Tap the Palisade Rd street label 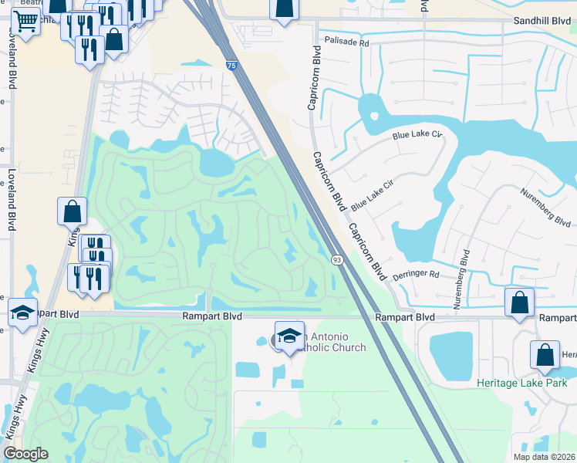click(347, 42)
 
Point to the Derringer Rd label click(415, 274)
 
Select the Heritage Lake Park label click(521, 384)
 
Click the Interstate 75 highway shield click(231, 67)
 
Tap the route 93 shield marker click(337, 260)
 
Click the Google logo click(25, 454)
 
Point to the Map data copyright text click(545, 457)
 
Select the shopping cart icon click(26, 22)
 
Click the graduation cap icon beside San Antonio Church click(289, 336)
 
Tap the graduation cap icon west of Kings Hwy click(23, 312)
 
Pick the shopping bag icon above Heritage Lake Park click(545, 355)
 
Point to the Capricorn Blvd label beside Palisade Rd click(315, 76)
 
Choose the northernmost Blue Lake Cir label click(417, 135)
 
